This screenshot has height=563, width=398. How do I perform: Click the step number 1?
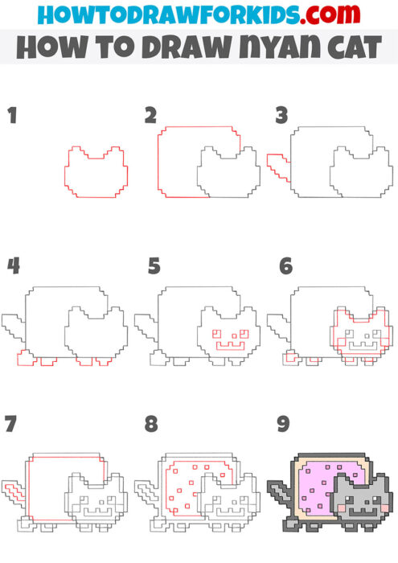coord(11,114)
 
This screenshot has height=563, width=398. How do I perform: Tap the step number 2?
coord(150,114)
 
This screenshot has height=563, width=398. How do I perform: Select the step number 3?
coord(281,114)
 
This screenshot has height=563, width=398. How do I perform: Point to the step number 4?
coord(12,265)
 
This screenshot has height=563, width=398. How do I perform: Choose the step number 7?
coord(10,422)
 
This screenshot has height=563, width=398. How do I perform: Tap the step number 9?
coord(281,422)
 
